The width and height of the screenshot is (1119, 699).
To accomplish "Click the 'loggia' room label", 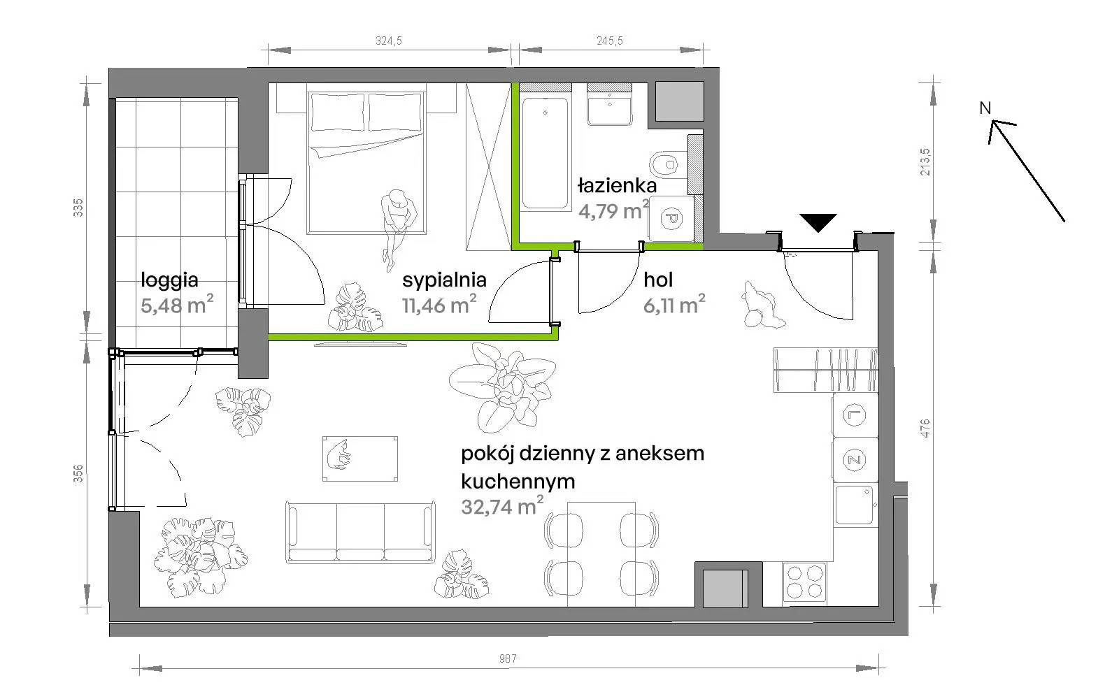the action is tap(169, 280).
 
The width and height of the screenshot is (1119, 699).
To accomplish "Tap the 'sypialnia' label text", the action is tap(444, 280).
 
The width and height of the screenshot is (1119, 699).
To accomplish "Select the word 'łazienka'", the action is tap(617, 186).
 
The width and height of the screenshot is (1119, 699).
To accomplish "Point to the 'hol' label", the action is tap(658, 280).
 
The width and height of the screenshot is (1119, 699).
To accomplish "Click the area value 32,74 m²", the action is tap(502, 506).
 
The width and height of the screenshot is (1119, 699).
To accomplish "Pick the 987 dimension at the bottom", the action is tap(508, 658).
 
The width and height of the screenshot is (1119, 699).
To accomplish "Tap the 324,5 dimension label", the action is tap(389, 41).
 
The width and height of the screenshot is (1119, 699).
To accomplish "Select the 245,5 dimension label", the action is tap(609, 41).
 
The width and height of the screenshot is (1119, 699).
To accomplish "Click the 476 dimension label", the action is tap(925, 428).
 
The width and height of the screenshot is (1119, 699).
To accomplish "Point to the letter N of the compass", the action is tap(985, 108).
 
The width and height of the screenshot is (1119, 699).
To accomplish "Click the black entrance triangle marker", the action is tap(818, 222).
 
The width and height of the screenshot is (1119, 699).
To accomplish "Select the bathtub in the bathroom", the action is tap(545, 153).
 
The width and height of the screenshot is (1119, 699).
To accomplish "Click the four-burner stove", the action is tap(804, 582).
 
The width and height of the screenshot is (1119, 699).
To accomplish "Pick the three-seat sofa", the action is tap(359, 532).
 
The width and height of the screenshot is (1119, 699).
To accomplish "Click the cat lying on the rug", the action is tap(338, 454).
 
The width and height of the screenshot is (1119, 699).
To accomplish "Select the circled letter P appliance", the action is tap(671, 219).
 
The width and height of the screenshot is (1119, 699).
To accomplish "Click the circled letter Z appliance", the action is tap(854, 460).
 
